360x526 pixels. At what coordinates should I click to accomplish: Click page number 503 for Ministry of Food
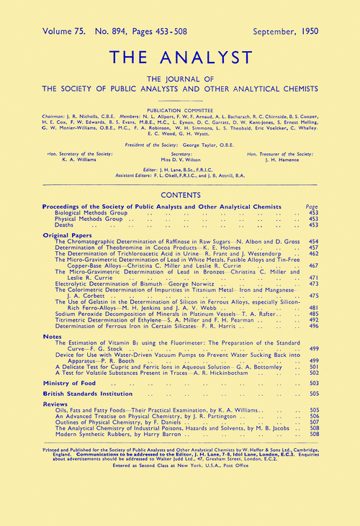pos(312,385)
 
